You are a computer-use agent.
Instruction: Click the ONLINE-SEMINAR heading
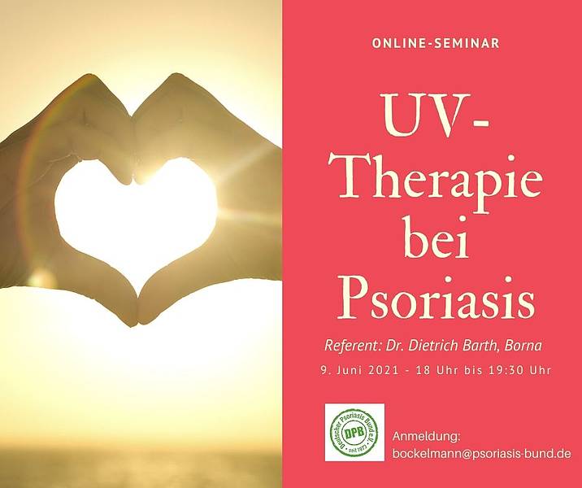coord(436,43)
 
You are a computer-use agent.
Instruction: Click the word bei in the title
coord(436,237)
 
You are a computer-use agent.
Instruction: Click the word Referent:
coord(353,346)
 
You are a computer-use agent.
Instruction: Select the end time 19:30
coord(504,370)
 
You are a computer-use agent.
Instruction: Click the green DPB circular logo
coord(354,433)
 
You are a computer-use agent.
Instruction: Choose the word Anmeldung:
coord(427,437)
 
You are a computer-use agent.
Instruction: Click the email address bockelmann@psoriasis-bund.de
coord(482,454)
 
